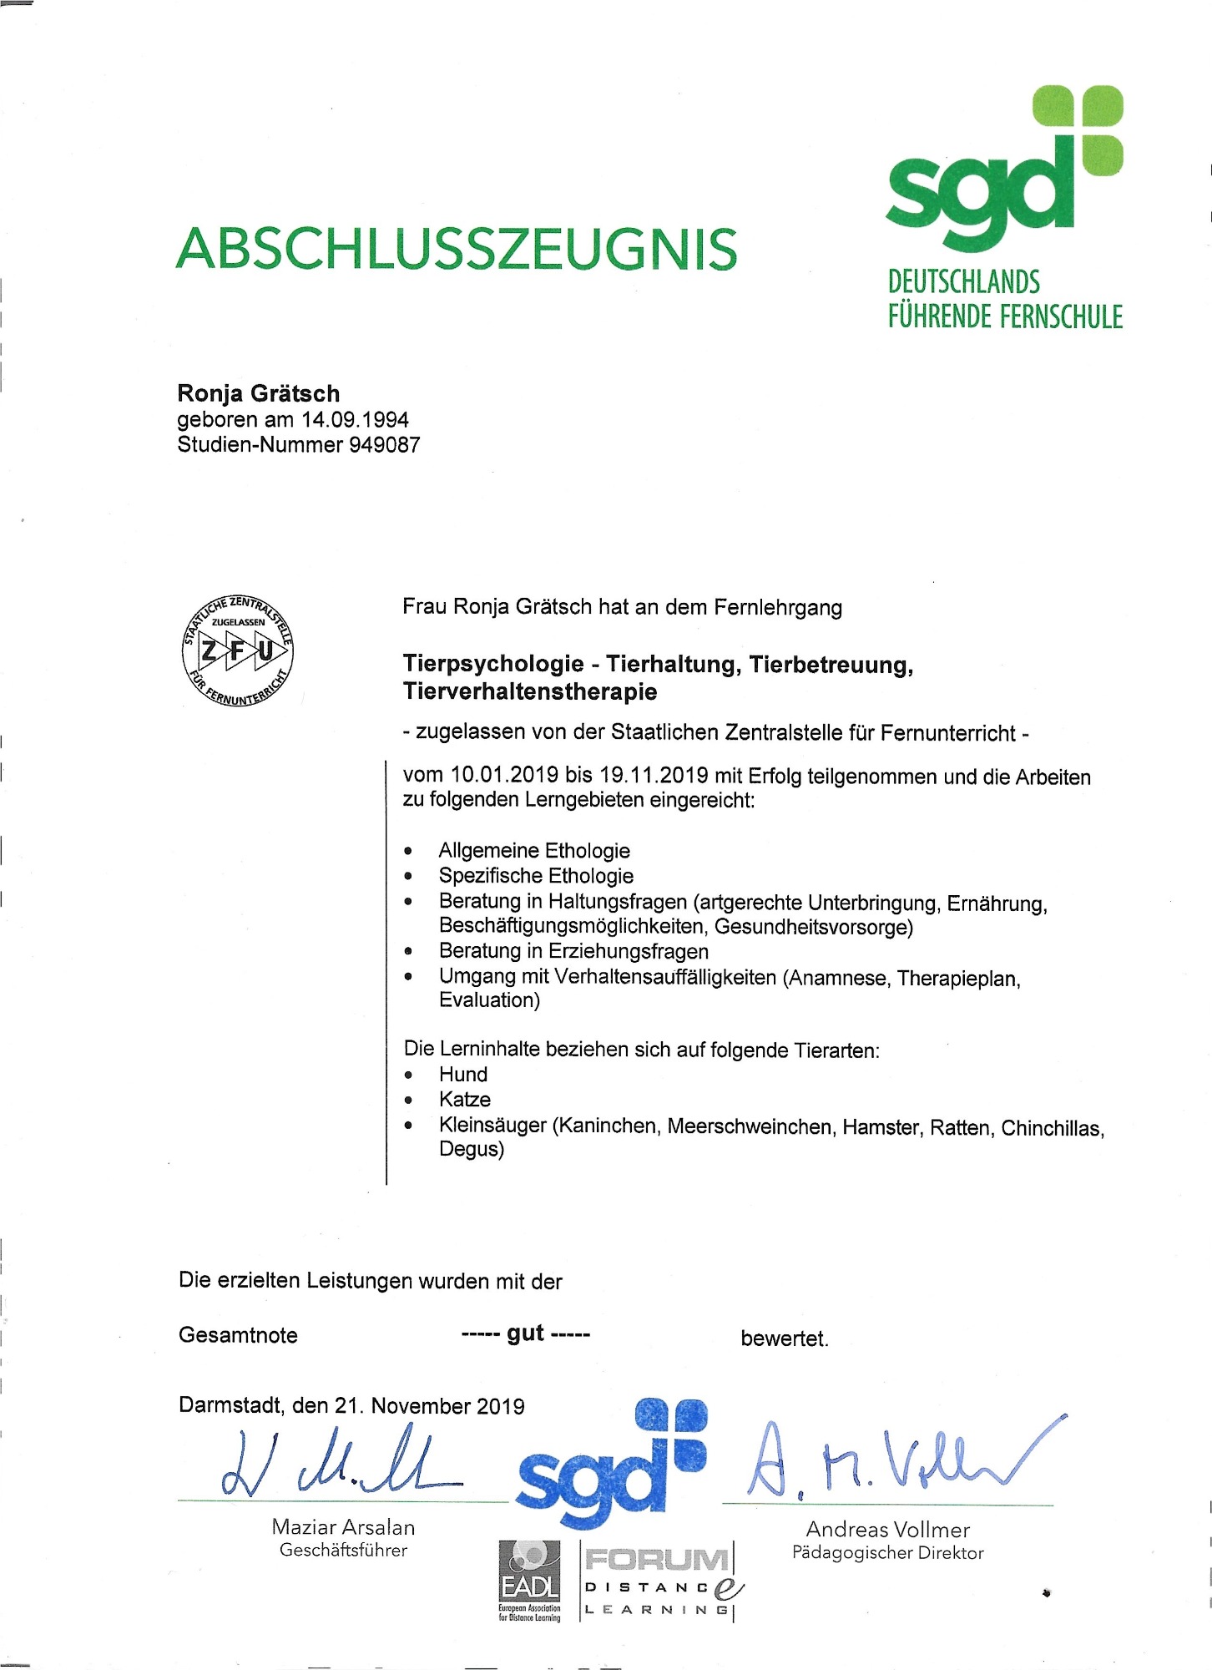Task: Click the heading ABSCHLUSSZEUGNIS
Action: point(457,249)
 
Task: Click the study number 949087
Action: point(384,444)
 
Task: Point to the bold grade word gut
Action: point(525,1333)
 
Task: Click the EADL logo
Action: point(529,1579)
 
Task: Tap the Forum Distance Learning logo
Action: point(660,1582)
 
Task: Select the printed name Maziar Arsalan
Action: point(343,1527)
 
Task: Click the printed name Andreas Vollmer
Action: point(887,1530)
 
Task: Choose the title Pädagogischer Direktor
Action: point(887,1553)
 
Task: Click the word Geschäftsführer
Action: point(343,1551)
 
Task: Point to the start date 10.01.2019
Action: point(504,775)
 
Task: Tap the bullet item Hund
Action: point(463,1075)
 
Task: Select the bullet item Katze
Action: point(465,1100)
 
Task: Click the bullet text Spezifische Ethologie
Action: point(536,876)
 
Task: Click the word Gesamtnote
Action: point(238,1335)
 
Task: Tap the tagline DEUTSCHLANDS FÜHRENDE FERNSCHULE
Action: point(1005,299)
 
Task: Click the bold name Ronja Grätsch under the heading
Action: point(259,393)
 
